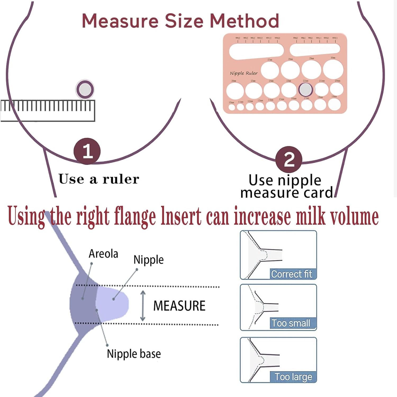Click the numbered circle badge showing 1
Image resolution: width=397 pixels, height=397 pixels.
point(87,151)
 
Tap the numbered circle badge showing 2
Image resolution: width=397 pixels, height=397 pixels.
point(289,159)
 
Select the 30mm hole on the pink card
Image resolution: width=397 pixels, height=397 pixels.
point(333,69)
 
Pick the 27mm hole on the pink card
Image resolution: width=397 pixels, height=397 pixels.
point(270,70)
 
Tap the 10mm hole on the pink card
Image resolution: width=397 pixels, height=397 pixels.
point(232,107)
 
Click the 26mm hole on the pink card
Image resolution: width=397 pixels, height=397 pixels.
point(235,90)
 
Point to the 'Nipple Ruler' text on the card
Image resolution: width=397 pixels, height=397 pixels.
point(243,73)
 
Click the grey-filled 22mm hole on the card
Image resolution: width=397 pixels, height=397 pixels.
point(306,89)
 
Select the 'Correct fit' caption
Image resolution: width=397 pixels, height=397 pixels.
point(291,274)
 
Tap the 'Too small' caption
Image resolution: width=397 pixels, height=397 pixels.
point(291,323)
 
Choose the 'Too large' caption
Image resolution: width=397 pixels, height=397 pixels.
point(293,376)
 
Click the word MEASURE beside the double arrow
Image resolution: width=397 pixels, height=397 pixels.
point(179,306)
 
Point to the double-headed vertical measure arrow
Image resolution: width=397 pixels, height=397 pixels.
point(143,306)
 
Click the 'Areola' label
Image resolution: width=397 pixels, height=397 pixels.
point(103,254)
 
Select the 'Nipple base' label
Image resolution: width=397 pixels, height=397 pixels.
point(134,354)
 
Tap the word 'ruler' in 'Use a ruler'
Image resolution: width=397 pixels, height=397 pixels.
point(121,179)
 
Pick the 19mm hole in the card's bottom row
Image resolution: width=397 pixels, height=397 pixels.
point(334,104)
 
